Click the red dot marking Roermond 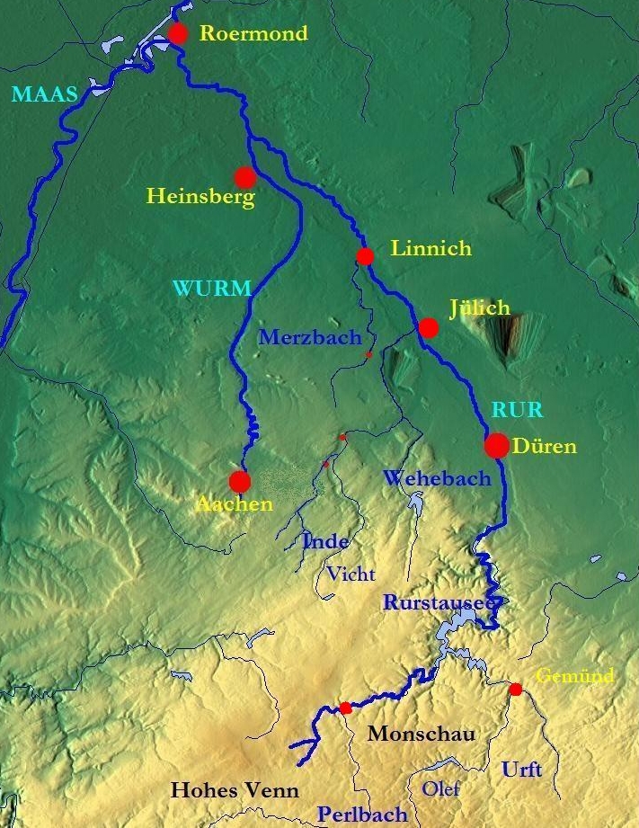click(x=178, y=34)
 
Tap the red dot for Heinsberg click(x=244, y=176)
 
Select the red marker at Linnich click(x=365, y=256)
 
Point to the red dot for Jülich click(x=429, y=328)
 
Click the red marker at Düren click(x=496, y=445)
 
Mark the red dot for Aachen click(x=239, y=482)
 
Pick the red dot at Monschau click(x=346, y=708)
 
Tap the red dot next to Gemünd click(x=515, y=690)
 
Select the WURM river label click(x=210, y=289)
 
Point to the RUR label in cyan click(x=517, y=411)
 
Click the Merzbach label click(x=309, y=338)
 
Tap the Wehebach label click(x=437, y=478)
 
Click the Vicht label click(x=351, y=574)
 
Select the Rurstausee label click(x=438, y=602)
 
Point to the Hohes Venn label click(x=234, y=790)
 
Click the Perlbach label click(x=361, y=815)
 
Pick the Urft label click(x=521, y=770)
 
